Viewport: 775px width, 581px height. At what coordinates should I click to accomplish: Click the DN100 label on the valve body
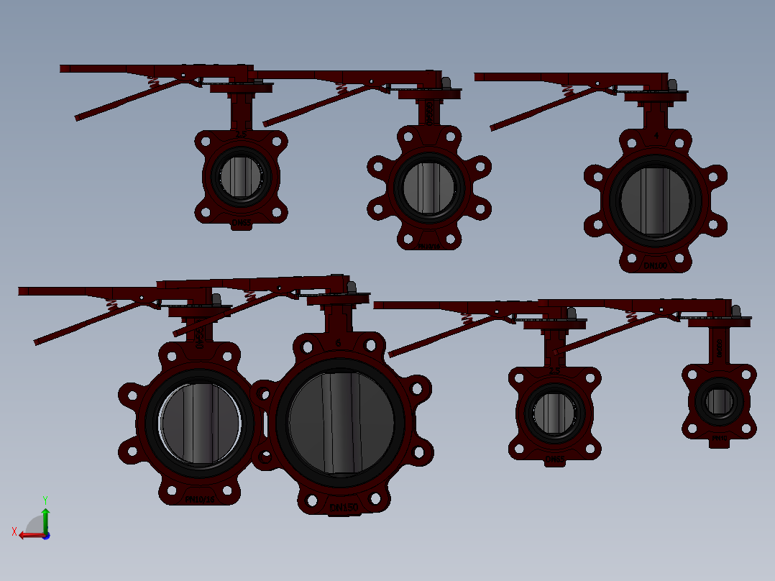click(x=655, y=265)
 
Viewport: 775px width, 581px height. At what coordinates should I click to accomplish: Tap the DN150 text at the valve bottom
click(x=344, y=508)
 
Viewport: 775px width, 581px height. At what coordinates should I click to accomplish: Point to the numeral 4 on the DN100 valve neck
click(x=656, y=134)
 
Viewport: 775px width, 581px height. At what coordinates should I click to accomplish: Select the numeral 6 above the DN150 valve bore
click(x=339, y=344)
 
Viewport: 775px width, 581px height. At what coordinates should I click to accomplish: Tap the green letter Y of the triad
click(x=45, y=499)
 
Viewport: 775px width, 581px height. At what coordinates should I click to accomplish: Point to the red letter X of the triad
click(x=14, y=531)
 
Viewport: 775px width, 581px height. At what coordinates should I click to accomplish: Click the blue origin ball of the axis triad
click(x=45, y=535)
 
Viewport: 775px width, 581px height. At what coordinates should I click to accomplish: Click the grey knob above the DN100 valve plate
click(x=672, y=84)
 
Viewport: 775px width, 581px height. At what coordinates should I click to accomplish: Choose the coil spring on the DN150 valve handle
click(x=250, y=295)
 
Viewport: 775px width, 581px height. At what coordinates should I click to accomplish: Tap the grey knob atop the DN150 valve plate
click(x=352, y=286)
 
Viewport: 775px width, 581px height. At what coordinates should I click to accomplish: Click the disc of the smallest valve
click(x=719, y=401)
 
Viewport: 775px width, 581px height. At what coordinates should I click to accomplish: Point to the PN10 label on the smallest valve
click(x=719, y=437)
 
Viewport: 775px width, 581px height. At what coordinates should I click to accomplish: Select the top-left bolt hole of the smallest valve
click(x=692, y=375)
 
